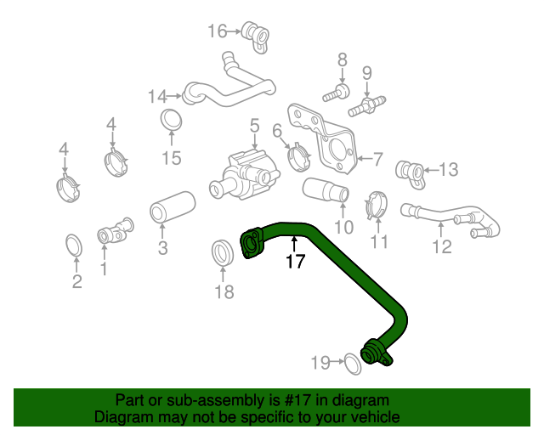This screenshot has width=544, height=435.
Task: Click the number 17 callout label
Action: pos(295,262)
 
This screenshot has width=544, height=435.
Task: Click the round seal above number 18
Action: pos(223,252)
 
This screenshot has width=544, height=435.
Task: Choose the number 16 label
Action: pos(218,31)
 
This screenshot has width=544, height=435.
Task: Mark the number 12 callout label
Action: pos(442,248)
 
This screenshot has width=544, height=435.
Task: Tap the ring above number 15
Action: pos(171,120)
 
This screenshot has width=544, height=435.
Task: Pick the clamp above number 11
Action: pos(377,205)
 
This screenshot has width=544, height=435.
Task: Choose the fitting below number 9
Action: pos(366,106)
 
